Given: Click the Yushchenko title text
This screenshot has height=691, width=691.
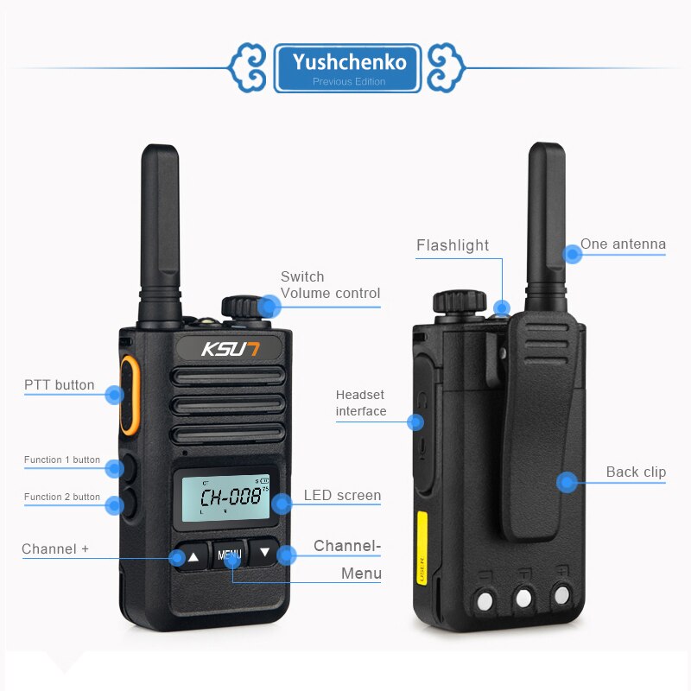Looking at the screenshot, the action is click(349, 62).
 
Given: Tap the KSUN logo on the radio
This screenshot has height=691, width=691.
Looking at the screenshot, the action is click(230, 349).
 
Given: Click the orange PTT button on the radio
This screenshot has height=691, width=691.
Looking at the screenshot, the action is click(129, 395).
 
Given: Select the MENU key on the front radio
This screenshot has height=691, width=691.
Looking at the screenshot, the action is click(229, 555).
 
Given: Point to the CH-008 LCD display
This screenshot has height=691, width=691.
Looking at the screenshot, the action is click(225, 498).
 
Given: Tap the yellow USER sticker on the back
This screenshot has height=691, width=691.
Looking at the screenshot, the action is click(422, 548).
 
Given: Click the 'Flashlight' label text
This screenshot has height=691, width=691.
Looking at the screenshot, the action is click(453, 245).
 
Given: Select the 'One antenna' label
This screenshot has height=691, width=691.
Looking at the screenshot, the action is click(623, 244).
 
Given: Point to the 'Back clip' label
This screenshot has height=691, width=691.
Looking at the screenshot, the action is click(636, 472).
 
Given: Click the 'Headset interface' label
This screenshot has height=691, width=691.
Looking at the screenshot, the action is click(361, 403).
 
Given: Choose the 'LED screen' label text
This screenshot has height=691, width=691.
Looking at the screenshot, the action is click(342, 495).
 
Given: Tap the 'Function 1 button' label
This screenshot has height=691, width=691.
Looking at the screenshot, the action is click(62, 460).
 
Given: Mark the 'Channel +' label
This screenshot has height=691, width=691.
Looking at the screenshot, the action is click(55, 548).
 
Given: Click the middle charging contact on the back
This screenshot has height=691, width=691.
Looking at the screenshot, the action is click(523, 598).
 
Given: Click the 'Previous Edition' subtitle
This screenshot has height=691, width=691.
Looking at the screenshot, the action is click(349, 81).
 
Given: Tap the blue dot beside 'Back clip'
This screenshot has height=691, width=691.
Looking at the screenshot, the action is click(567, 482).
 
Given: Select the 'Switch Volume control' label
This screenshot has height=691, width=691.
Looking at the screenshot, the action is click(330, 285).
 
